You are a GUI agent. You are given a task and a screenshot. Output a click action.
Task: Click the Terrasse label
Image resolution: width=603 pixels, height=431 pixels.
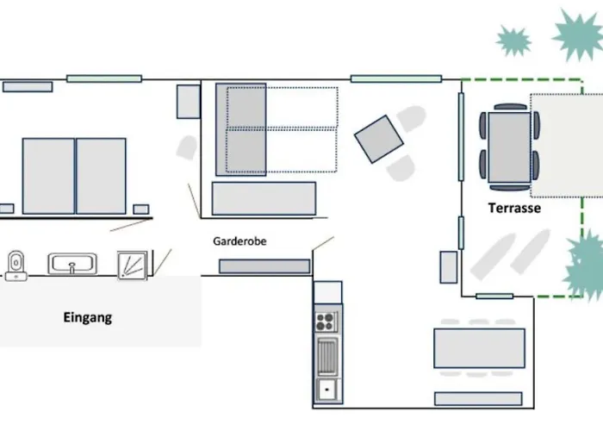(514, 209)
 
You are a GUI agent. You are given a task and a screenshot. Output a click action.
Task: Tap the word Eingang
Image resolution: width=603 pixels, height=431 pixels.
(88, 318)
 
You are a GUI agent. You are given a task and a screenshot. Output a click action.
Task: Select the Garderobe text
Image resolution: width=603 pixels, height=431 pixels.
(239, 241)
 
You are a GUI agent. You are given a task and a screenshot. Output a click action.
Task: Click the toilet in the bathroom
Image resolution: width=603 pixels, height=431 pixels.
(16, 265)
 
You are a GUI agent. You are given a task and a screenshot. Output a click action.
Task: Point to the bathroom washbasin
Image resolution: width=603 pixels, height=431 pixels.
(72, 264)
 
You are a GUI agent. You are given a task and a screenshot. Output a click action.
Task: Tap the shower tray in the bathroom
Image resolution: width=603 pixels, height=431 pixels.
(133, 265)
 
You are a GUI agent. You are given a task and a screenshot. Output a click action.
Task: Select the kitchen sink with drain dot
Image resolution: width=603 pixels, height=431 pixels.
(326, 390)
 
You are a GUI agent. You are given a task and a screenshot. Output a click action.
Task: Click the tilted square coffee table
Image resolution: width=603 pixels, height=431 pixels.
(379, 139)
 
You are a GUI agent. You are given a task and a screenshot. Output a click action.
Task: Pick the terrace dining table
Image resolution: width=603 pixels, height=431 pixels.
(510, 147)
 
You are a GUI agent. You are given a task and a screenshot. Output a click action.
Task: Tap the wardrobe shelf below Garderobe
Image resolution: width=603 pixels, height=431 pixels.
(264, 266)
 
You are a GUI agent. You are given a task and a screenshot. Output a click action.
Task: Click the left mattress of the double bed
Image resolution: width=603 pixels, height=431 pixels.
(48, 176)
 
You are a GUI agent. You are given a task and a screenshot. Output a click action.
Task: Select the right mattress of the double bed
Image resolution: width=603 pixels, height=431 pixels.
(101, 176)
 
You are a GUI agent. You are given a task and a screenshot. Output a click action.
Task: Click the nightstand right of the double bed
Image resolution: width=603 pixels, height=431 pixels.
(141, 209)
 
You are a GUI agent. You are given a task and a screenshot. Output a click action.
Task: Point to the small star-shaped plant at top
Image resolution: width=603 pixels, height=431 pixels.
(513, 41)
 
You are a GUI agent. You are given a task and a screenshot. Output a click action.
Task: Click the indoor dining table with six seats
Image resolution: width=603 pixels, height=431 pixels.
(479, 348)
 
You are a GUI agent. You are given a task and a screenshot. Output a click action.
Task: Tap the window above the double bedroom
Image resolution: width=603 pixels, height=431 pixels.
(104, 79)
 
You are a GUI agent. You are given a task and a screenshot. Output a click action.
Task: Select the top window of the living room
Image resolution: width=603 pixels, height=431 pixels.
(396, 79)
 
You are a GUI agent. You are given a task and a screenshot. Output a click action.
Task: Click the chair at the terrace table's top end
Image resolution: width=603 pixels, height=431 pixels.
(510, 107)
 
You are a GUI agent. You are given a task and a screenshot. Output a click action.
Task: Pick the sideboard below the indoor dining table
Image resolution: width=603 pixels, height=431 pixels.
(478, 398)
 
